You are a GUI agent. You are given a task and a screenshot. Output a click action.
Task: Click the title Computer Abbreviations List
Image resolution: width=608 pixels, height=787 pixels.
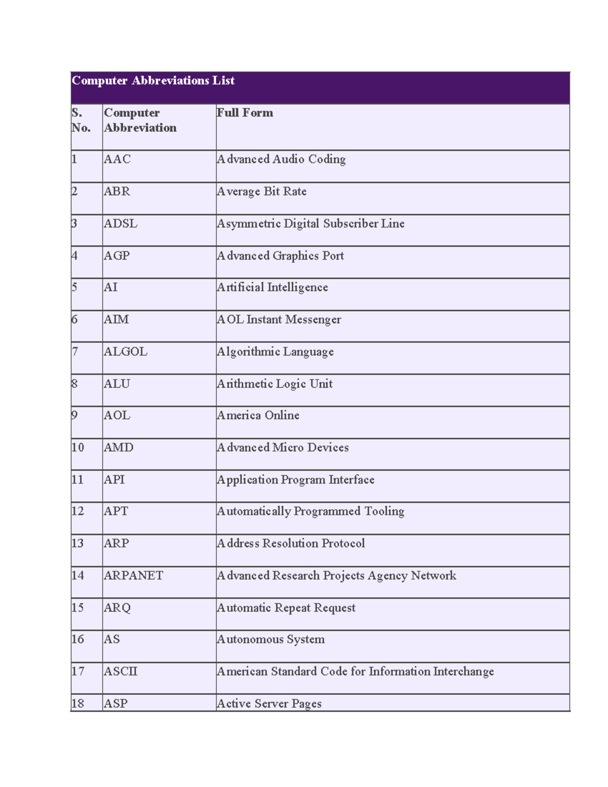click(153, 81)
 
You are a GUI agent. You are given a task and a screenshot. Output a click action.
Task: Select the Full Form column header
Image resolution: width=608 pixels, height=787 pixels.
click(245, 113)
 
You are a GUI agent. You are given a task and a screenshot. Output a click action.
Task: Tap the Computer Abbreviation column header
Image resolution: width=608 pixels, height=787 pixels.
click(140, 120)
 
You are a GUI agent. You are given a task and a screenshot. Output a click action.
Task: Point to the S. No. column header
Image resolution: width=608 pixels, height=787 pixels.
click(81, 120)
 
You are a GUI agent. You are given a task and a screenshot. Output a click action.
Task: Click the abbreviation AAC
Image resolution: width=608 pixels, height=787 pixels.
click(117, 159)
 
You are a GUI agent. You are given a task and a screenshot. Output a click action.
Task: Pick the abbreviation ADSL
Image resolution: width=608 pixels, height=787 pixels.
click(121, 223)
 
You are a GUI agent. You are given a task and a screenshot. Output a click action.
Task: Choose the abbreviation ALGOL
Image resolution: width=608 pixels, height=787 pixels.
click(126, 352)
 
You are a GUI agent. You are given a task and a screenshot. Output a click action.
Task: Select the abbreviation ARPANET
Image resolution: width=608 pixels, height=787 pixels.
click(133, 576)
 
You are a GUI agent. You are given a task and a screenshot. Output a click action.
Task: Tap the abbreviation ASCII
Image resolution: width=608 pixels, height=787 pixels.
click(121, 671)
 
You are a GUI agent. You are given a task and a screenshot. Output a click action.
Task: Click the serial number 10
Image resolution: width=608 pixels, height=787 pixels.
click(78, 447)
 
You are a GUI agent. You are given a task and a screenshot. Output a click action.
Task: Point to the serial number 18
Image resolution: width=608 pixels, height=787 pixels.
click(78, 703)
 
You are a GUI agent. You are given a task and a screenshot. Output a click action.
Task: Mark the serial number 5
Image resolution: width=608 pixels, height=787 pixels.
click(74, 287)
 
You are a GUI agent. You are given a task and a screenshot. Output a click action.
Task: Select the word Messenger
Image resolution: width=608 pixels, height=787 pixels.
click(313, 320)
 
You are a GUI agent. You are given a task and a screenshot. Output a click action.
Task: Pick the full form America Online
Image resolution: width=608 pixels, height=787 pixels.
click(258, 416)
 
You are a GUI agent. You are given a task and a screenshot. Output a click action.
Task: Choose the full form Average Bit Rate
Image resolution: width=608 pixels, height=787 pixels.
click(261, 192)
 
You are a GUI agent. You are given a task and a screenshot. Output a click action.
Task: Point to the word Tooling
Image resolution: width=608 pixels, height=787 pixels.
click(384, 511)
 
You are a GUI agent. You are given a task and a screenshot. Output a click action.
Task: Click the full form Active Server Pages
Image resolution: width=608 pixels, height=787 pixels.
click(269, 703)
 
